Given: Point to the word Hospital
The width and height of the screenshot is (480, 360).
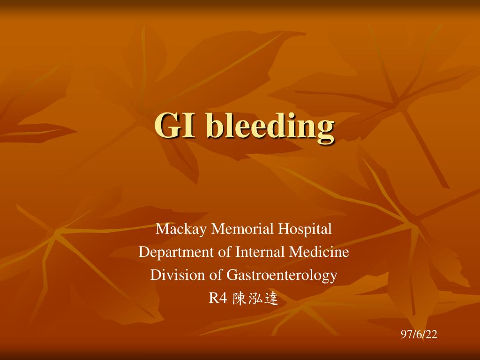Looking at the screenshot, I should point(305,230).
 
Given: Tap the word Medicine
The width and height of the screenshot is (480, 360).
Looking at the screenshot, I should point(319,252).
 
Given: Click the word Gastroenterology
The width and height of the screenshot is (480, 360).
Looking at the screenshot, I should point(282,275).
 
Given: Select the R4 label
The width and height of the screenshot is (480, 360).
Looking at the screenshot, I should point(218,298).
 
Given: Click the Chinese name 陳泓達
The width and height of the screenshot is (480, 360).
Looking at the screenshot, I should point(255,298).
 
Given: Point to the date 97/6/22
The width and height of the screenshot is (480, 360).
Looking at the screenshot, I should point(419,334).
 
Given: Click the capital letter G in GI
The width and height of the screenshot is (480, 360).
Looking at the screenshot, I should point(169,127).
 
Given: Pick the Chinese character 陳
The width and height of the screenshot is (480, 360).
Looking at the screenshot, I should point(240,298).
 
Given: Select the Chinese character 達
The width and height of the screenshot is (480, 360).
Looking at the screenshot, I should point(271,298).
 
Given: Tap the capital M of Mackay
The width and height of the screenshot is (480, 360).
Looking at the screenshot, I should point(162,229).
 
